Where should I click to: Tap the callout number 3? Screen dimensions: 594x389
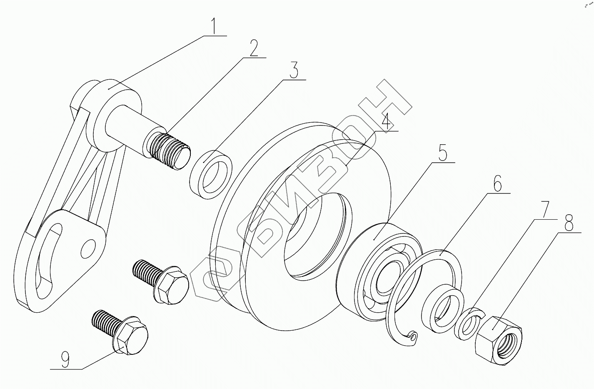click(x=293, y=70)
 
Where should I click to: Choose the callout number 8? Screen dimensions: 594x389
click(x=568, y=222)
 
